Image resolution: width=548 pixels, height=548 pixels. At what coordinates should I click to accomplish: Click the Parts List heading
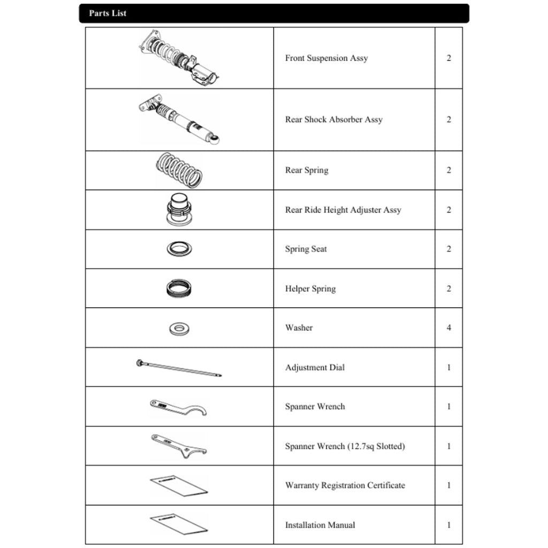click(108, 13)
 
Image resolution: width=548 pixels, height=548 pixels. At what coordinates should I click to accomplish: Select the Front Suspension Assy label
click(326, 58)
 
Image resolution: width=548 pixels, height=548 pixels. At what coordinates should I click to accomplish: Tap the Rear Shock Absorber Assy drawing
click(179, 120)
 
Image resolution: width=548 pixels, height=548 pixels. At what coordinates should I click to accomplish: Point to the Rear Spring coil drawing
click(179, 170)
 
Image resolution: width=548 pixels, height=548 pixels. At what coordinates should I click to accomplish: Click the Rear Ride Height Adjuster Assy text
click(343, 210)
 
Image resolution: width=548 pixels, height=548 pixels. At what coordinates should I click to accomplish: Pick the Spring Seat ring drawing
click(179, 249)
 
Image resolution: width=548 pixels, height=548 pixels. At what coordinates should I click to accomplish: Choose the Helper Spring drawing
click(179, 289)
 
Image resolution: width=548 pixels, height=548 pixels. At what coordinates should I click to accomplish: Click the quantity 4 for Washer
click(448, 328)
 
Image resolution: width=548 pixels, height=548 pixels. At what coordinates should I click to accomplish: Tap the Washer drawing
click(179, 328)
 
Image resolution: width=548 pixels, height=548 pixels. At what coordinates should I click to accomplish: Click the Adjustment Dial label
click(315, 368)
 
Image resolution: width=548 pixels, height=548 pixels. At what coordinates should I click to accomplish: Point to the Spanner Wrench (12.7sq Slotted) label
click(345, 446)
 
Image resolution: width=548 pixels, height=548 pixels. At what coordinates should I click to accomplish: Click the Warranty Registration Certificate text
click(345, 485)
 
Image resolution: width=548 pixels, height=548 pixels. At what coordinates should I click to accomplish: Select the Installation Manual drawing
click(179, 524)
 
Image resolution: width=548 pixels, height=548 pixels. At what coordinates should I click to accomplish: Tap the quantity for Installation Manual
click(448, 525)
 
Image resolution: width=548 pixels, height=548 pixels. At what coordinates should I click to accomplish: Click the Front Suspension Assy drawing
click(179, 58)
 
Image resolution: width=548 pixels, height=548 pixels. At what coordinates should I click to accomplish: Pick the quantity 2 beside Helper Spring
click(448, 289)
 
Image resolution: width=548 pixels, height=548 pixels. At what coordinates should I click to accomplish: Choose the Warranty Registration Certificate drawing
click(179, 485)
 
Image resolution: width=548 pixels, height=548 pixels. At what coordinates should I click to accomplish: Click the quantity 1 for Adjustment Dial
click(448, 368)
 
